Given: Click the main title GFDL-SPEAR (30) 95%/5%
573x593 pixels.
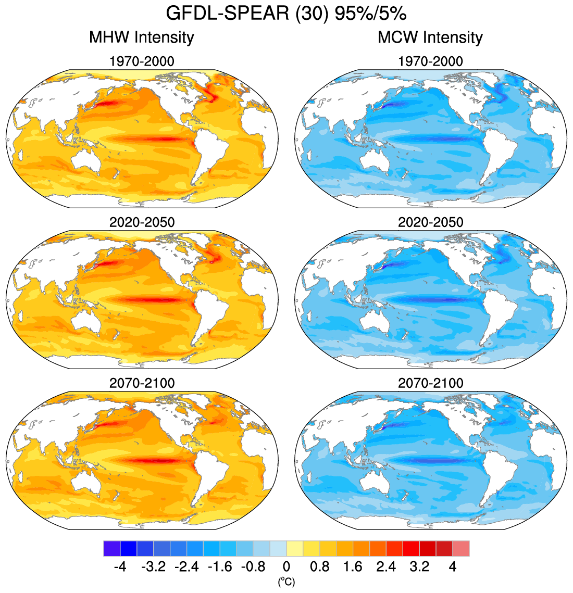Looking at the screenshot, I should pyautogui.click(x=286, y=13).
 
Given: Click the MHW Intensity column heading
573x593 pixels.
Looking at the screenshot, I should pyautogui.click(x=141, y=37).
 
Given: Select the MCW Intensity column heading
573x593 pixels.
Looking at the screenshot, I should pyautogui.click(x=430, y=37).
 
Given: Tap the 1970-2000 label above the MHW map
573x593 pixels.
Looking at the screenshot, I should pyautogui.click(x=142, y=61).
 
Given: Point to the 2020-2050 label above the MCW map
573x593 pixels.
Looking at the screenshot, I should pyautogui.click(x=430, y=222).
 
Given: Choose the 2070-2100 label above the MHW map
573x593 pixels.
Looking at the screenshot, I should pyautogui.click(x=142, y=383).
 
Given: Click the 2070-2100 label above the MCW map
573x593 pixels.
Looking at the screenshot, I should pyautogui.click(x=430, y=383).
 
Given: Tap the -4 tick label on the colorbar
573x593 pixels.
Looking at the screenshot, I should pyautogui.click(x=120, y=566).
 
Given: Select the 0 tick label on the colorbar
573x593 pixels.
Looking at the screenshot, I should pyautogui.click(x=286, y=566).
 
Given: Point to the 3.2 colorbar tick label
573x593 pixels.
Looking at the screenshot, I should pyautogui.click(x=419, y=566).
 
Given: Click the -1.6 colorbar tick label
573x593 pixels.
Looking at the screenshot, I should pyautogui.click(x=220, y=566).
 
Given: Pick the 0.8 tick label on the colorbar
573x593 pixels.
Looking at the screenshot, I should pyautogui.click(x=319, y=566).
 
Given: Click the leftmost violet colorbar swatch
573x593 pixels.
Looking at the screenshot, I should pyautogui.click(x=112, y=549).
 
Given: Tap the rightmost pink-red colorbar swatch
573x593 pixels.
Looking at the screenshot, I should pyautogui.click(x=461, y=549).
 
